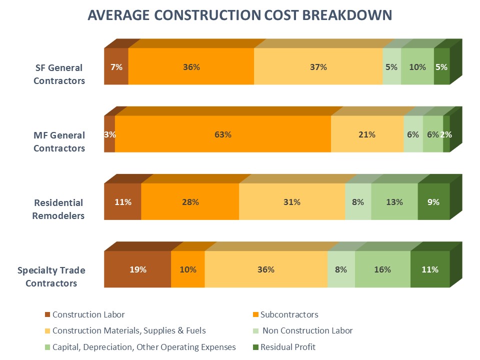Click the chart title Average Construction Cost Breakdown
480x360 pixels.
[x=240, y=15]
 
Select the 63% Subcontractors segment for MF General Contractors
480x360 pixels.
[x=223, y=134]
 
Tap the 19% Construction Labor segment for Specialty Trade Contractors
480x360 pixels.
[x=137, y=269]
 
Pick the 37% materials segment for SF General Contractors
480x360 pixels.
[x=318, y=66]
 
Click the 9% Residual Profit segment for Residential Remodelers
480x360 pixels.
[x=433, y=202]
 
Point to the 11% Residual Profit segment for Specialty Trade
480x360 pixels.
[x=429, y=269]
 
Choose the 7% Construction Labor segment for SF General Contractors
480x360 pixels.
[x=116, y=66]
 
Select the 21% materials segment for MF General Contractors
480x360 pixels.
[x=367, y=134]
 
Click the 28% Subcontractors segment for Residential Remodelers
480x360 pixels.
[x=190, y=202]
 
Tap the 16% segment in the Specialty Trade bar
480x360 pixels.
[x=382, y=269]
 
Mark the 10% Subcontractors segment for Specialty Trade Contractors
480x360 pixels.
[x=188, y=269]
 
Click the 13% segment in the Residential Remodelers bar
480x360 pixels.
[x=394, y=202]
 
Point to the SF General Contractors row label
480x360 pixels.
[x=59, y=73]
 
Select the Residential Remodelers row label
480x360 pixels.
[x=59, y=209]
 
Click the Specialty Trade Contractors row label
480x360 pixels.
[x=51, y=276]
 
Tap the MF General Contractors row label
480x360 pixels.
[x=59, y=141]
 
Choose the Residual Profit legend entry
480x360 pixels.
[x=287, y=347]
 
